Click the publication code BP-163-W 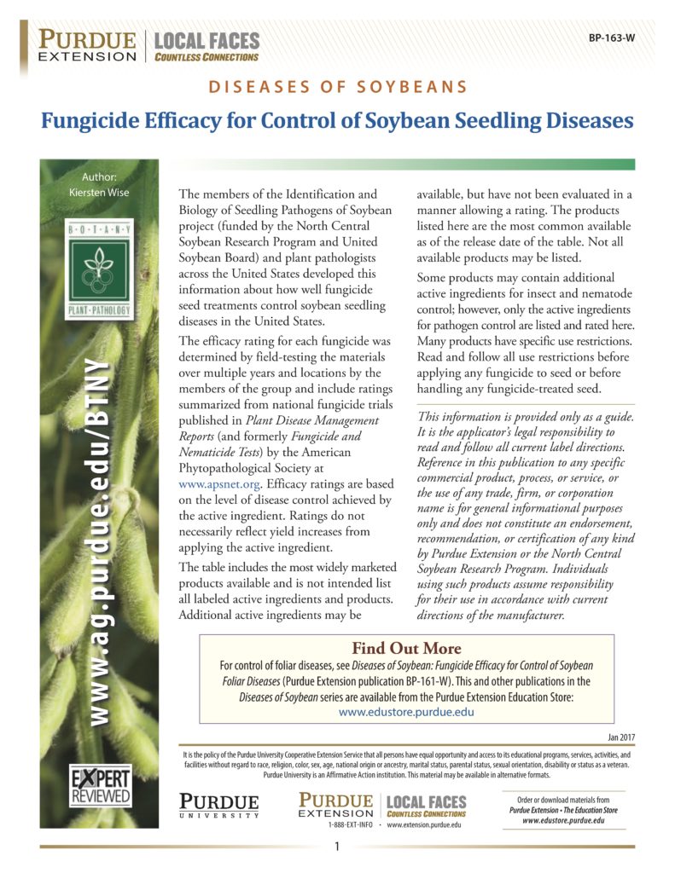click(x=612, y=38)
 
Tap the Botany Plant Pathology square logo click(x=99, y=270)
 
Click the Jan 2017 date click(x=616, y=737)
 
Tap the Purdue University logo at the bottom click(x=219, y=805)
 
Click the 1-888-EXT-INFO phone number click(x=349, y=825)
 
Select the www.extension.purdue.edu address click(x=424, y=825)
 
